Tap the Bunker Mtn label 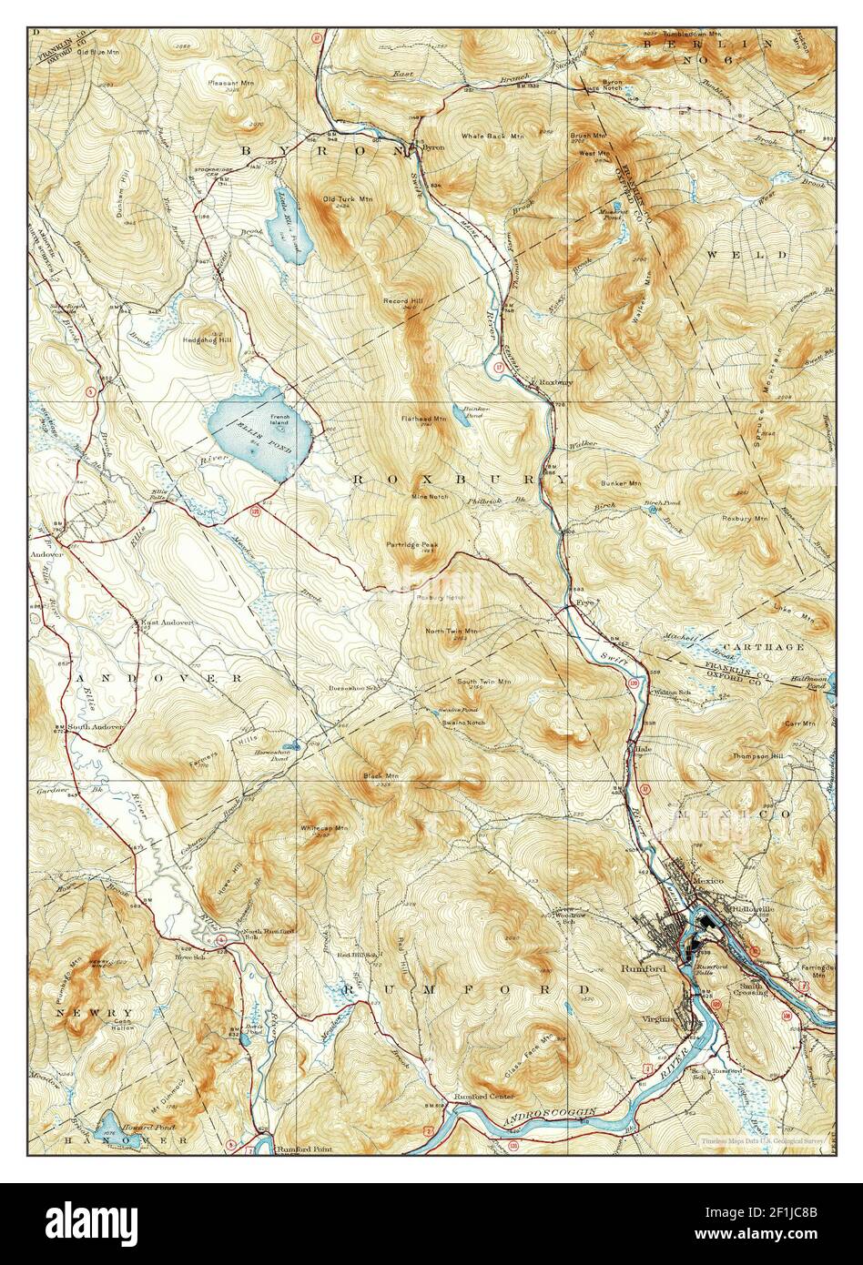[621, 483]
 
